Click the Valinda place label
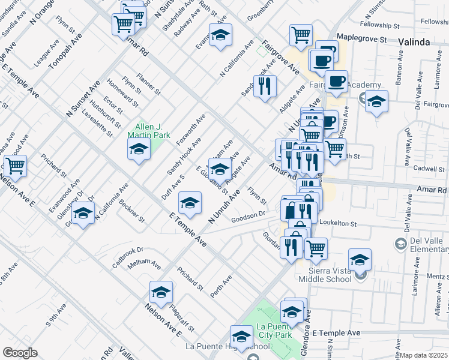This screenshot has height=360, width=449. click(x=414, y=42)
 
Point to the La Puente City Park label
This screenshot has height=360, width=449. click(x=277, y=331)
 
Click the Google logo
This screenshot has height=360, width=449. click(x=20, y=353)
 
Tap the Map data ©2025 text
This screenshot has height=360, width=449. click(x=424, y=355)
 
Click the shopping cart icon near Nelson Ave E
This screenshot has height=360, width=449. click(x=16, y=166)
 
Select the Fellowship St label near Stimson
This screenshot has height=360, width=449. click(x=381, y=25)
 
